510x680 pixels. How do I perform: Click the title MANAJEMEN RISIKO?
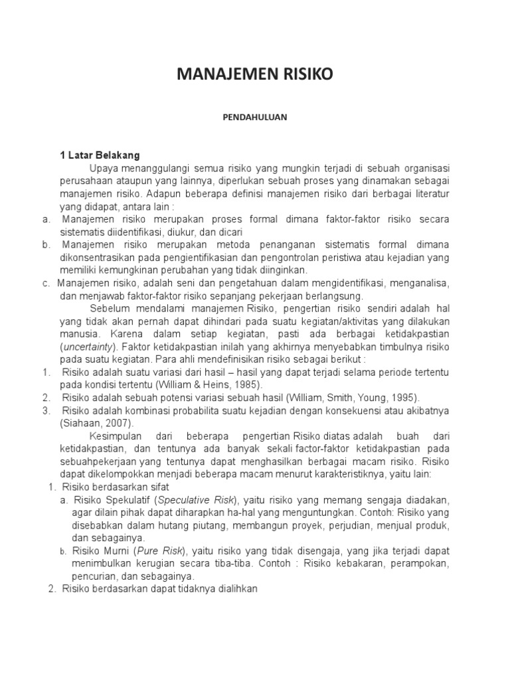click(255, 76)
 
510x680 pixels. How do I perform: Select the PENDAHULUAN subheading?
click(254, 116)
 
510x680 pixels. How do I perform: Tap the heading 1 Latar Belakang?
click(100, 156)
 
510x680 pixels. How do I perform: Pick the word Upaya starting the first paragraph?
click(105, 169)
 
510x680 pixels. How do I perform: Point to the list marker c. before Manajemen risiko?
click(46, 283)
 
